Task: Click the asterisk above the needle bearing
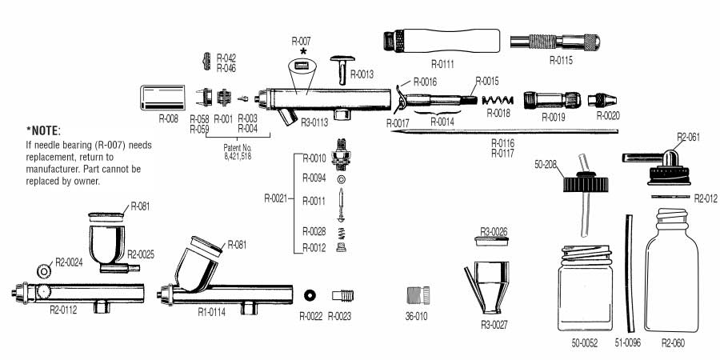click(x=302, y=51)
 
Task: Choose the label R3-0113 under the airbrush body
click(x=316, y=123)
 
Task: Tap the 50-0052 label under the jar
click(x=585, y=342)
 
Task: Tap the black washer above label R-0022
click(x=310, y=293)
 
